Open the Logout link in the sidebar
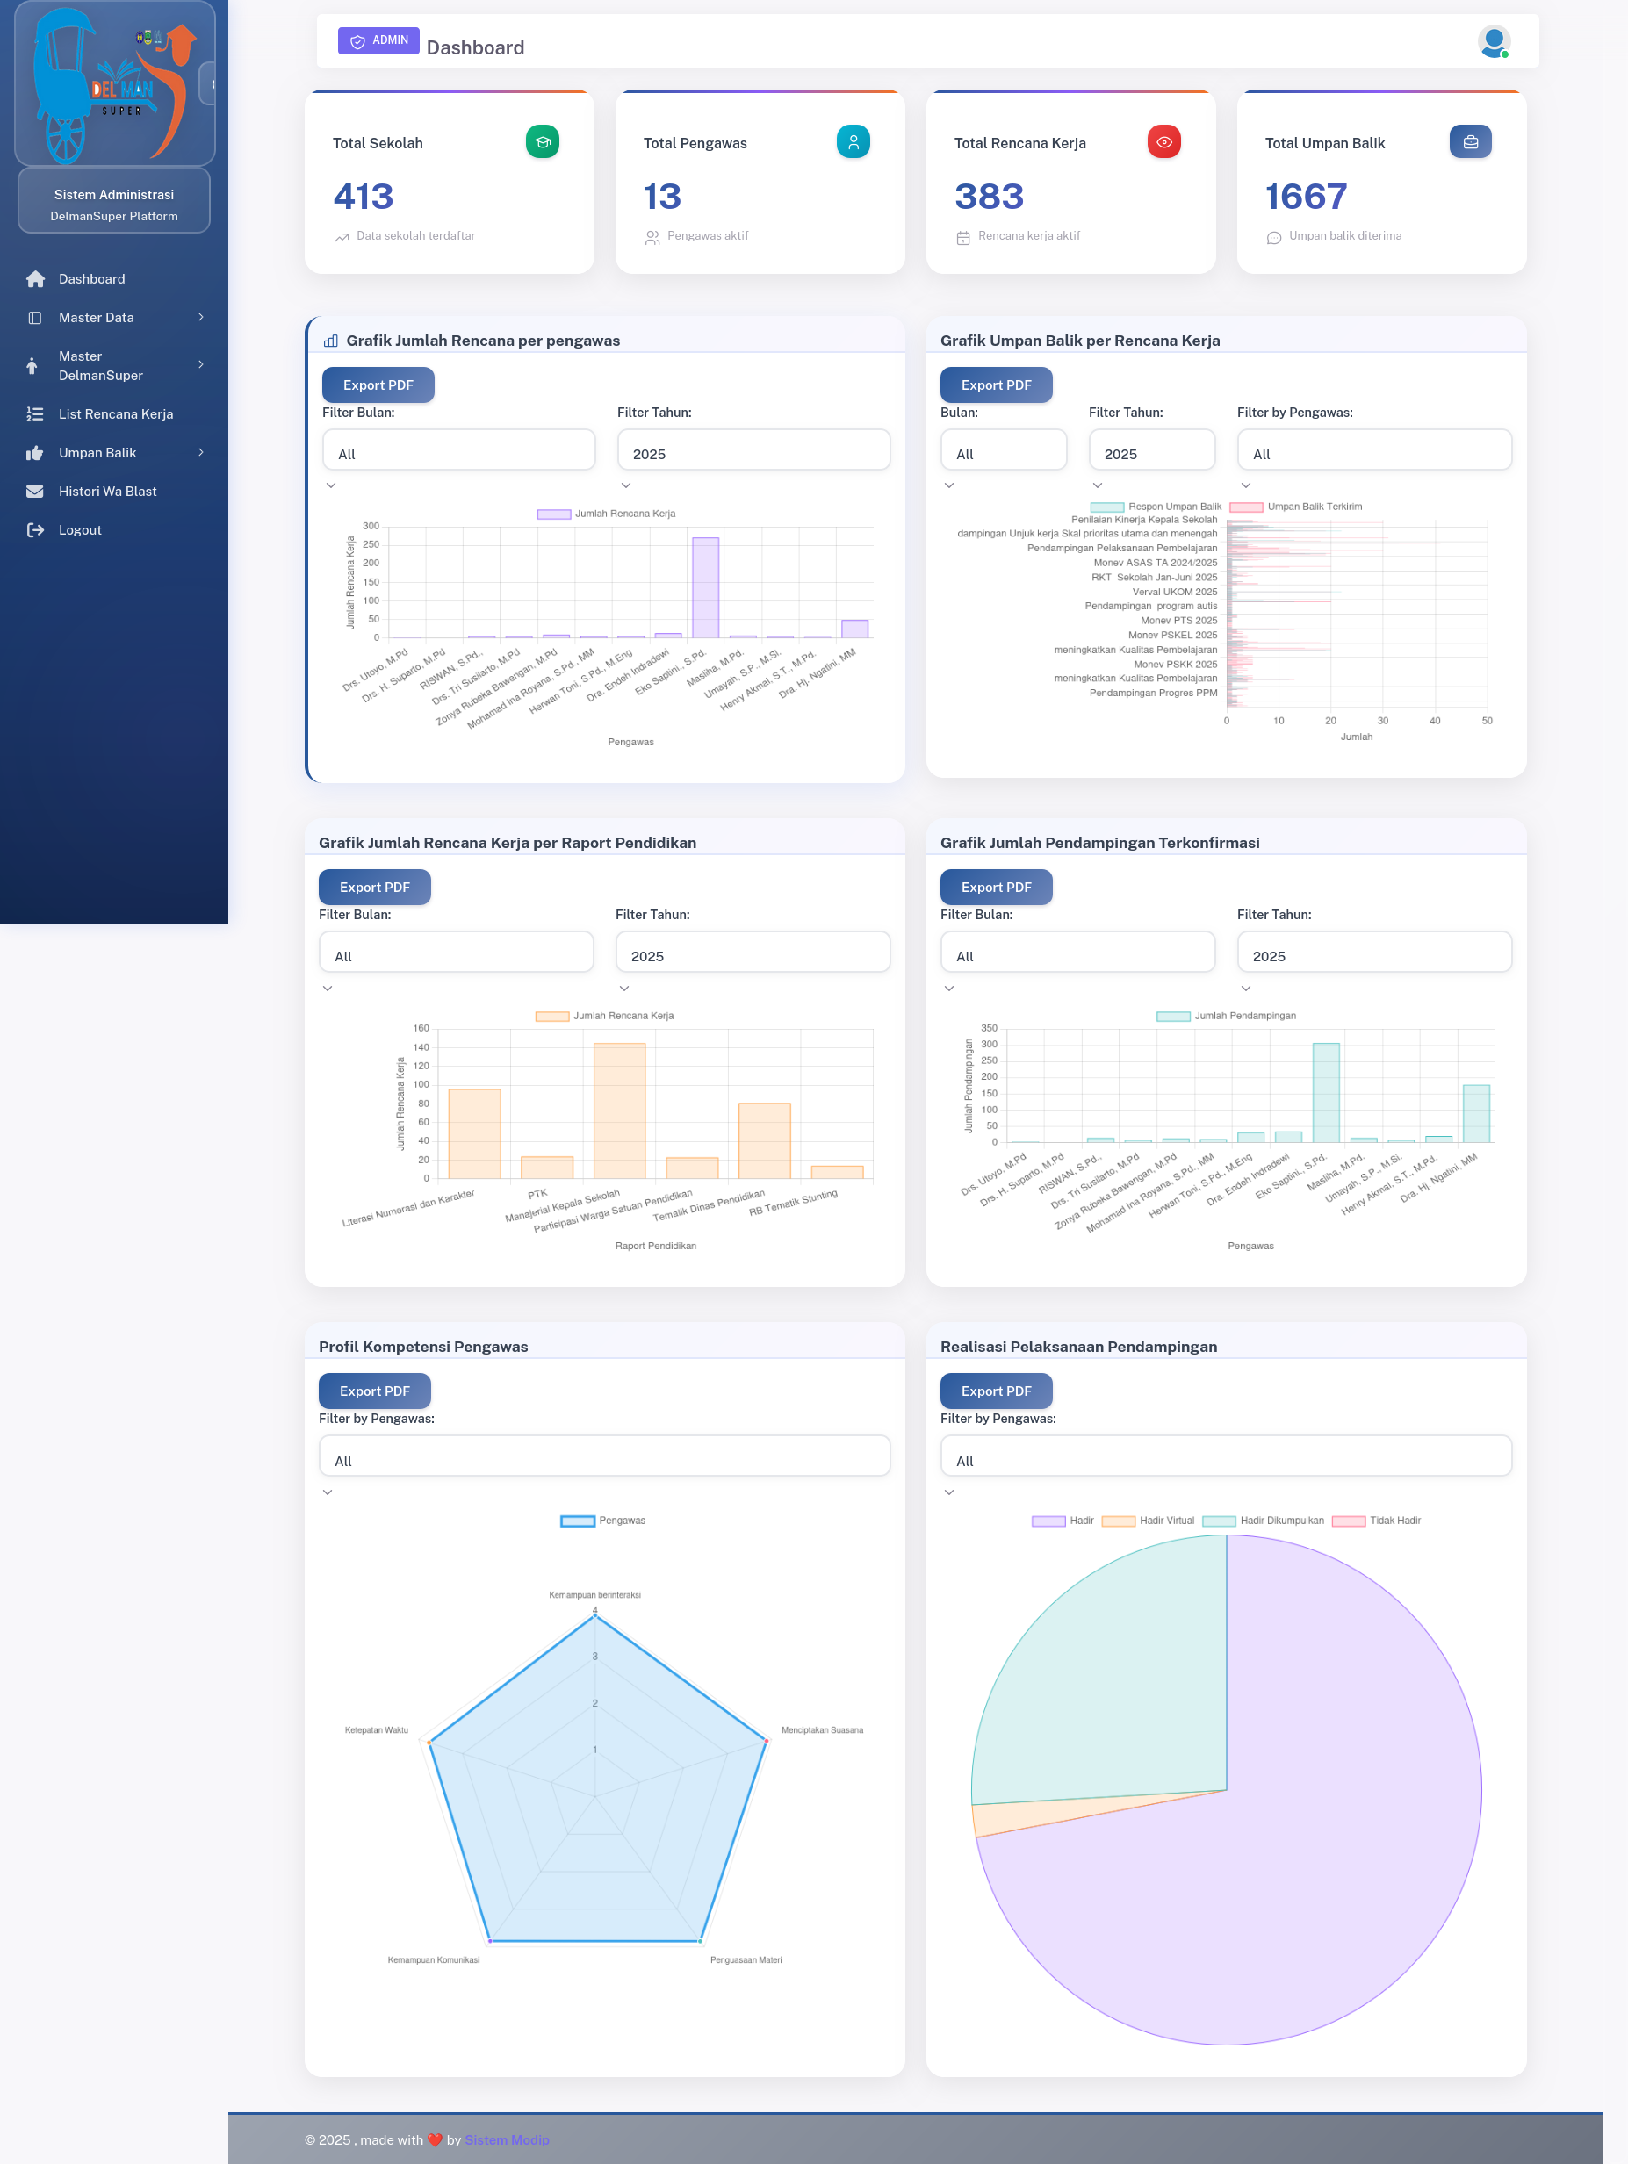coord(79,530)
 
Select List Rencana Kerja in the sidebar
coord(115,413)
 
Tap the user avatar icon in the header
coord(1493,42)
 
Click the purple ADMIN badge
coord(378,40)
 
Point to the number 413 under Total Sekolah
coord(363,197)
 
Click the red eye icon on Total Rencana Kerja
coord(1163,142)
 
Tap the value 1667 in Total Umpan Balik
coord(1305,197)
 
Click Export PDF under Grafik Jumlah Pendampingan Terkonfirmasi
coord(995,888)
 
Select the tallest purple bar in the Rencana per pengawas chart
coord(705,587)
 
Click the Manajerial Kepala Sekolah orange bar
coord(619,1111)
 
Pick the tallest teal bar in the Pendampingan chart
coord(1326,1092)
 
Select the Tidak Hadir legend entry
coord(1377,1521)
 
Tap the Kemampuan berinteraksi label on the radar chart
coord(594,1594)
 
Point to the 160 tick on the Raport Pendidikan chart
coord(421,1028)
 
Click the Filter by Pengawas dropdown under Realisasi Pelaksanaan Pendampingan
coord(1225,1456)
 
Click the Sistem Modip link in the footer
coord(507,2139)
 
